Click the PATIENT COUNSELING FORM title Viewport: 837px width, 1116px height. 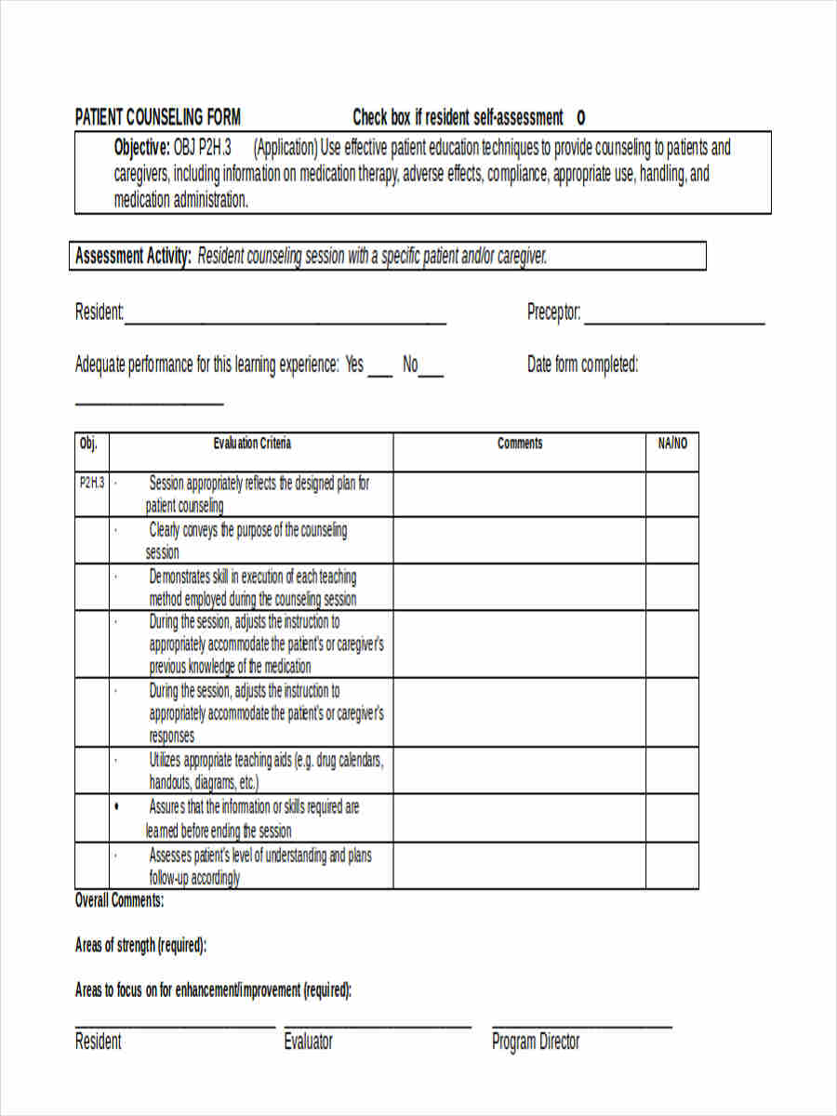pyautogui.click(x=157, y=117)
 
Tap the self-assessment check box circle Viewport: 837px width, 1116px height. pyautogui.click(x=581, y=117)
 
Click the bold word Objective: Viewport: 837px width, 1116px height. pyautogui.click(x=141, y=147)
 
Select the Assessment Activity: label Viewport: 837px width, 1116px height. pyautogui.click(x=133, y=256)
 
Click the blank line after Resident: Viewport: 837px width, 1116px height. pyautogui.click(x=285, y=322)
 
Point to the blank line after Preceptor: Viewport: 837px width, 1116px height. pyautogui.click(x=673, y=322)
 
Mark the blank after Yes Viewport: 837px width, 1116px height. pyautogui.click(x=379, y=374)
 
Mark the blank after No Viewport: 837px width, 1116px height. pyautogui.click(x=432, y=374)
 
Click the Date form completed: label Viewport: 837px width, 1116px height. pyautogui.click(x=582, y=365)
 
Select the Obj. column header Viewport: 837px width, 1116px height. pyautogui.click(x=88, y=444)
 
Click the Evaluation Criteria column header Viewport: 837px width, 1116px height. pyautogui.click(x=251, y=444)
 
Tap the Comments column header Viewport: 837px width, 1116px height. pyautogui.click(x=520, y=444)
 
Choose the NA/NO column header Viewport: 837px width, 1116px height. pyautogui.click(x=672, y=444)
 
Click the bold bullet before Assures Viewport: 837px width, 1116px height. pyautogui.click(x=115, y=807)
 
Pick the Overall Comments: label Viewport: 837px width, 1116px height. pyautogui.click(x=119, y=900)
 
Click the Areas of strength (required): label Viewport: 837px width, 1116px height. pyautogui.click(x=140, y=946)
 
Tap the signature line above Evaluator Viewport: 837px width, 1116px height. pyautogui.click(x=378, y=1028)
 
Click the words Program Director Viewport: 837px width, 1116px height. pyautogui.click(x=536, y=1042)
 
